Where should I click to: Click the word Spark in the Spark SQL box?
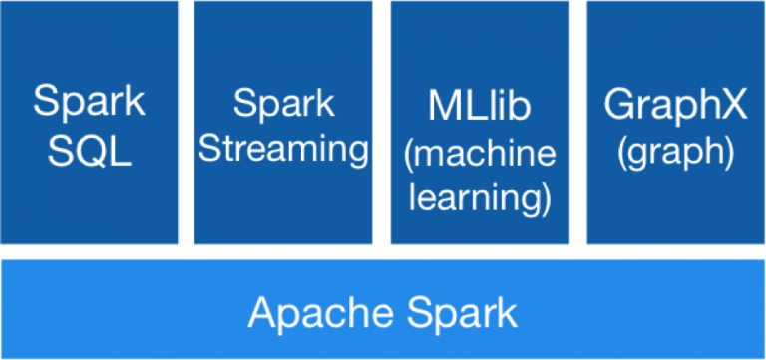click(89, 102)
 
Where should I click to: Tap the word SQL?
click(89, 151)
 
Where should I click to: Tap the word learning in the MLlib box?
click(475, 197)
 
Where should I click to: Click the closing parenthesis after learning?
click(547, 198)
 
